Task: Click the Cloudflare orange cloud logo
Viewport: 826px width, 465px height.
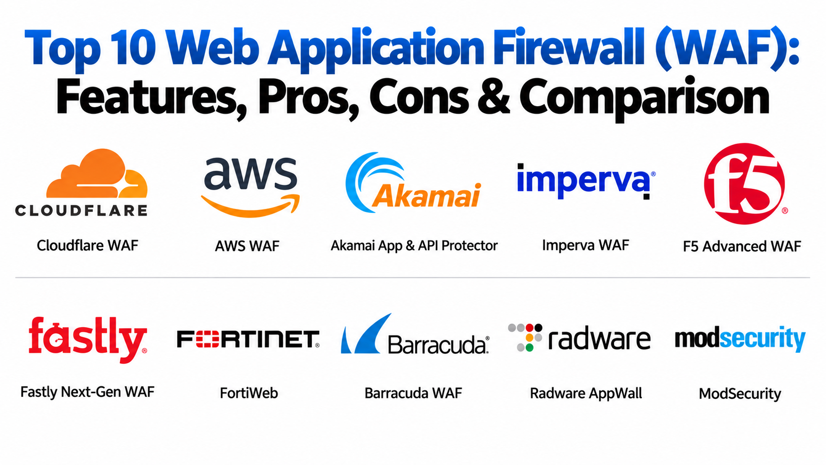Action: click(97, 173)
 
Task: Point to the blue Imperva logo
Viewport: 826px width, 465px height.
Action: click(586, 181)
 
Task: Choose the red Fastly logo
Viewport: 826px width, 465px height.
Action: click(88, 339)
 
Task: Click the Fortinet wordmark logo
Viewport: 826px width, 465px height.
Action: click(248, 339)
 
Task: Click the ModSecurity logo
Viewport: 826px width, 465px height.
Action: click(740, 338)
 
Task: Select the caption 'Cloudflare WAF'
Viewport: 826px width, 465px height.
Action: click(87, 246)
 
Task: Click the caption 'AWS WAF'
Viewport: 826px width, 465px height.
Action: click(247, 246)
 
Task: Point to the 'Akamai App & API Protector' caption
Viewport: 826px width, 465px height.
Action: click(414, 246)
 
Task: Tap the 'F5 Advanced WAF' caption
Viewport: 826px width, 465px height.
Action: click(742, 246)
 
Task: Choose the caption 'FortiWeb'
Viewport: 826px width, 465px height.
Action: click(249, 393)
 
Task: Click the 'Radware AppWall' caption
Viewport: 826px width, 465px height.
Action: click(586, 393)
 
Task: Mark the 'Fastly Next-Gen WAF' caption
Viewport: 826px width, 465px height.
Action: click(87, 392)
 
